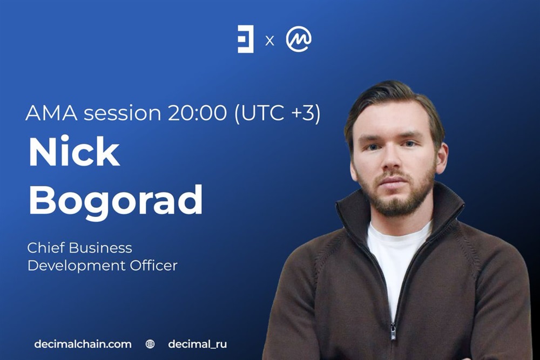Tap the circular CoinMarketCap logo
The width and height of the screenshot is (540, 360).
click(x=299, y=39)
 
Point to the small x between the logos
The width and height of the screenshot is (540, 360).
click(x=269, y=41)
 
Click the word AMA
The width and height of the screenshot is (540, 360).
click(x=52, y=113)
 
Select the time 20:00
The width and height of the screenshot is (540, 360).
click(x=197, y=113)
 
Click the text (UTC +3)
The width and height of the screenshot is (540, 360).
click(x=278, y=113)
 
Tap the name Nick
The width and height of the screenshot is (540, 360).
click(x=74, y=152)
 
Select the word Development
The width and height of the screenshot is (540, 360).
click(x=77, y=266)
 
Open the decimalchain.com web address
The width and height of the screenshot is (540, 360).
click(x=83, y=344)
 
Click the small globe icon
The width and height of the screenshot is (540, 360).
click(x=150, y=344)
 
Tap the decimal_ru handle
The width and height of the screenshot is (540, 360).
click(x=198, y=344)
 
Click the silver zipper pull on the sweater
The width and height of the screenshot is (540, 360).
click(x=393, y=331)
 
